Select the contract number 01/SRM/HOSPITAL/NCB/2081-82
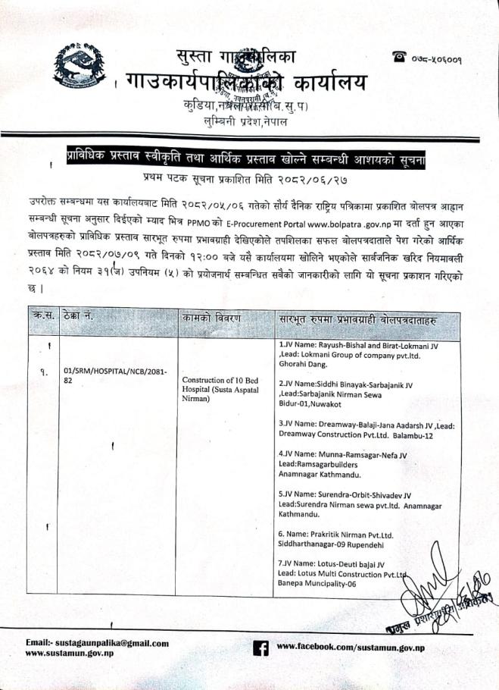(108, 375)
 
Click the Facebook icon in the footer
(260, 648)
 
